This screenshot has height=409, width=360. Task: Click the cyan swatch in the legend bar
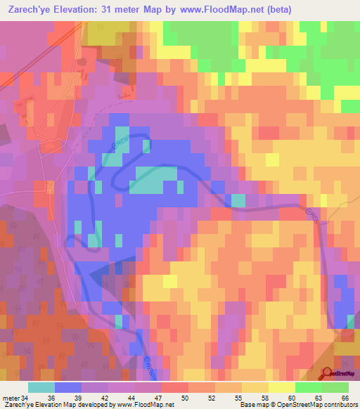pyautogui.click(x=41, y=387)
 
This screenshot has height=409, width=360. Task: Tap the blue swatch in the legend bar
pyautogui.click(x=68, y=387)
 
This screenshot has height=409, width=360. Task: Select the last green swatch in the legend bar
pyautogui.click(x=335, y=387)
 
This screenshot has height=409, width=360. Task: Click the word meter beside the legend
pyautogui.click(x=11, y=397)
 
